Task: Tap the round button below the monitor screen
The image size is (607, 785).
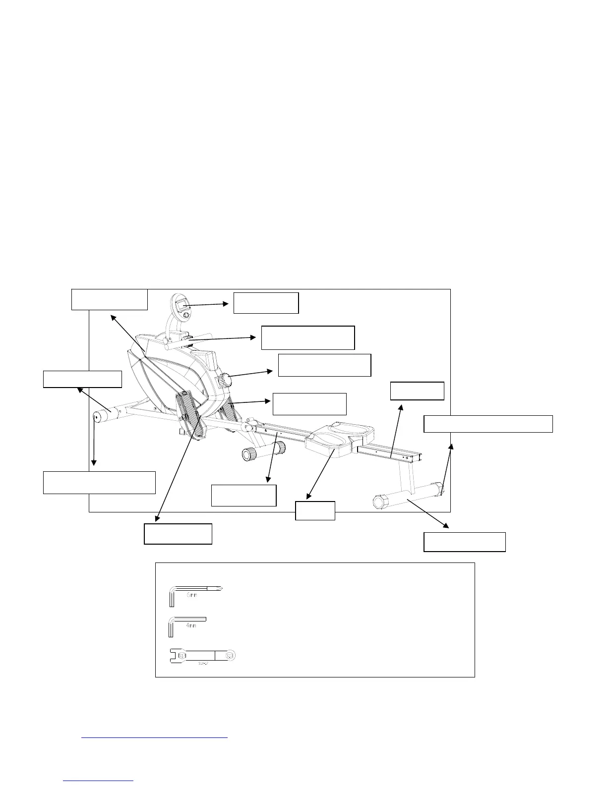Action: point(185,315)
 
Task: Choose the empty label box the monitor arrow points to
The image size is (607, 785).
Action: point(266,303)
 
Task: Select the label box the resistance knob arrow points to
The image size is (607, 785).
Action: point(324,365)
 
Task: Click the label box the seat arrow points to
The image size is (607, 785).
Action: point(315,510)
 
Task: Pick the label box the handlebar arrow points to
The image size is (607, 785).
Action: point(307,337)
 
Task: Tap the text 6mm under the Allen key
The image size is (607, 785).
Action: point(192,595)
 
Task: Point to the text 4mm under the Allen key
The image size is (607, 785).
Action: point(191,626)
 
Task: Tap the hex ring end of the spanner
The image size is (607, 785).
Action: point(230,656)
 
